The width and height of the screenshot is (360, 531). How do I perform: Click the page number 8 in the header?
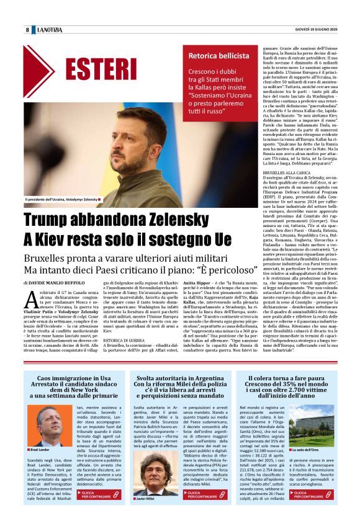point(27,30)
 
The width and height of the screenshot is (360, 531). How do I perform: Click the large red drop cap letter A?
point(32,301)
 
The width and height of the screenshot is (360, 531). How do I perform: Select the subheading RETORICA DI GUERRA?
point(122,341)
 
